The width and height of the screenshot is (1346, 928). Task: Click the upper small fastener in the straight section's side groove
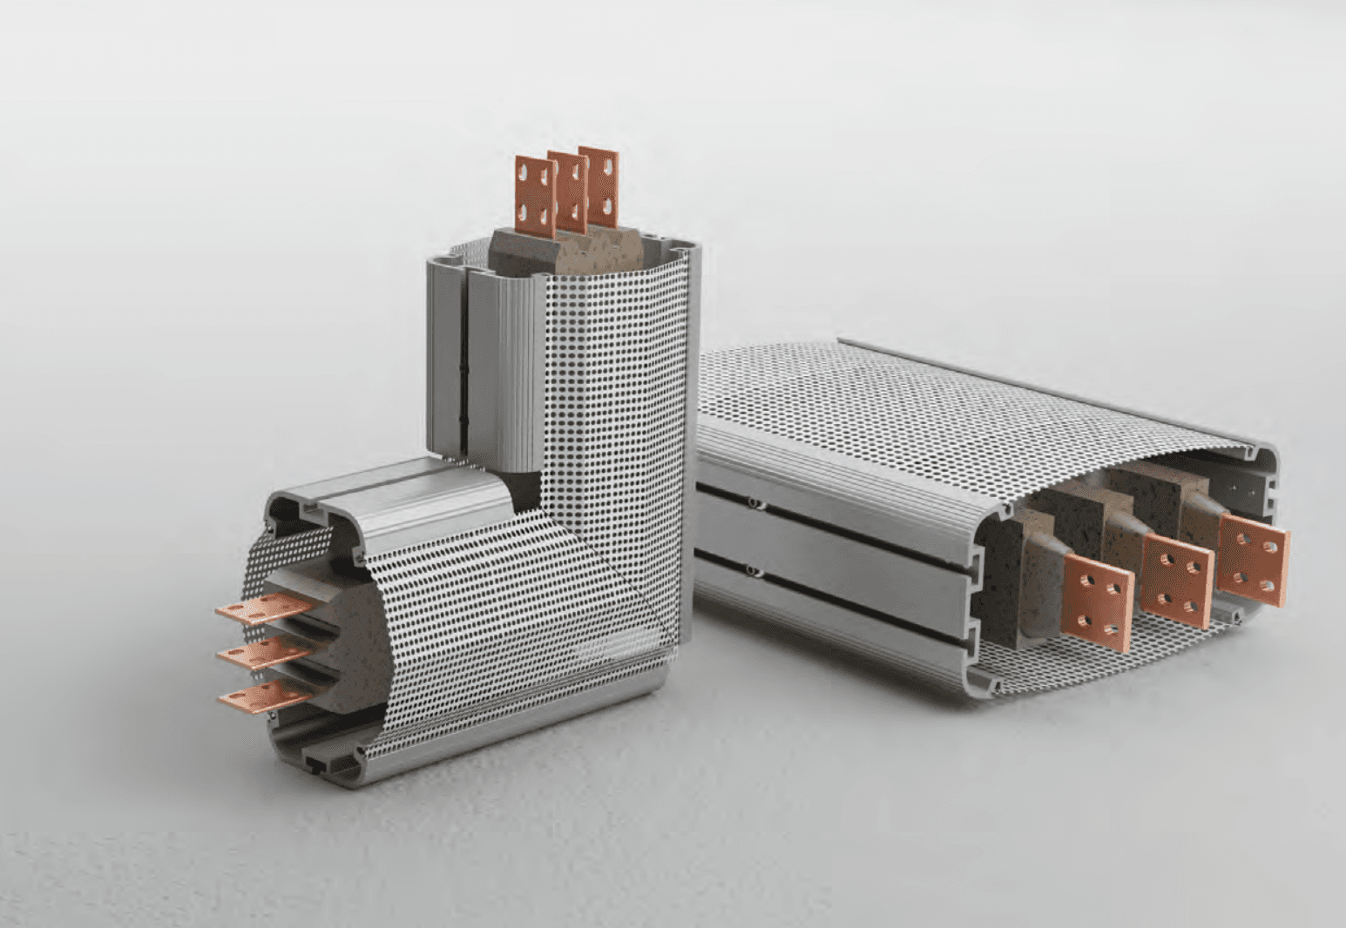click(750, 503)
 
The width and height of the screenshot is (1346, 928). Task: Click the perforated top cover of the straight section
click(915, 409)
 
